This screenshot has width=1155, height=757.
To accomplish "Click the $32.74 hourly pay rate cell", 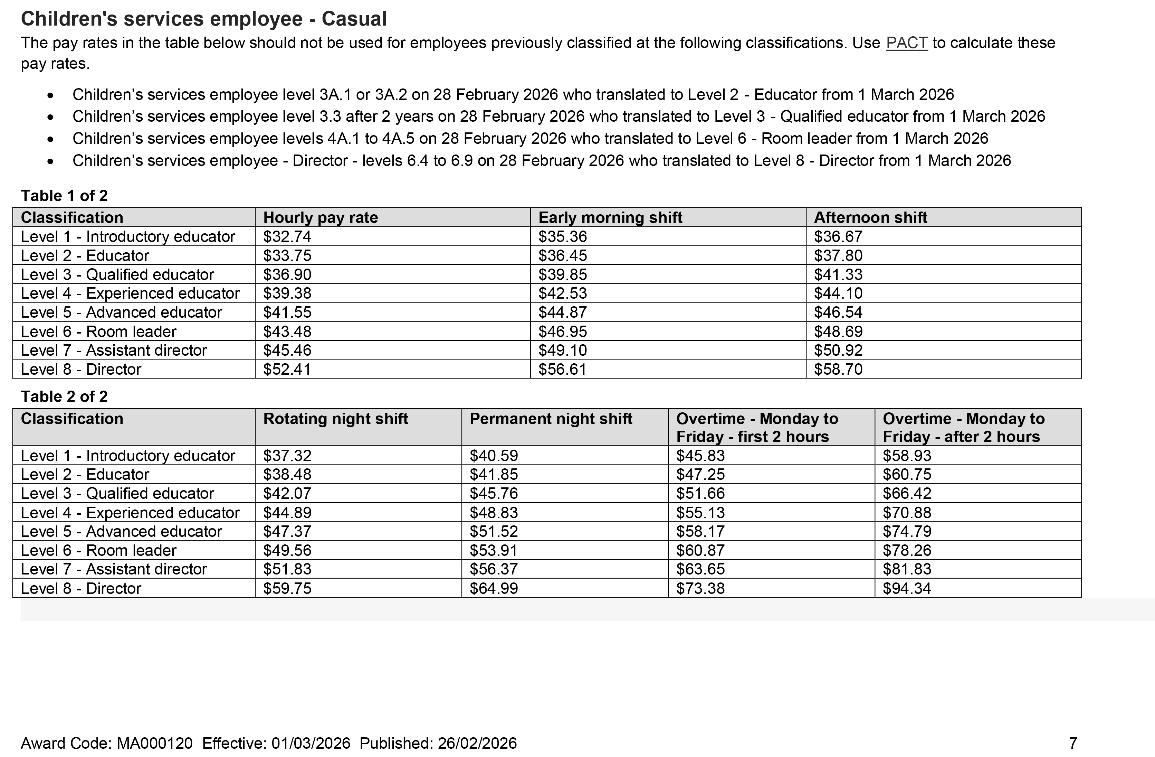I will [x=287, y=236].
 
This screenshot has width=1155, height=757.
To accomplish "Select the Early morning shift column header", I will [x=610, y=217].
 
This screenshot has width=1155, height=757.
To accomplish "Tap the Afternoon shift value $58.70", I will [x=838, y=369].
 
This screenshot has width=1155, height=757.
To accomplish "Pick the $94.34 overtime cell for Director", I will [x=907, y=588].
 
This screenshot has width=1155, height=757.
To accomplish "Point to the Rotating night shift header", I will [x=335, y=419].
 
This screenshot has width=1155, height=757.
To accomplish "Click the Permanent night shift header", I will [x=550, y=419].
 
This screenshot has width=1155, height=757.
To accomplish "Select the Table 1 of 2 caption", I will [x=64, y=196].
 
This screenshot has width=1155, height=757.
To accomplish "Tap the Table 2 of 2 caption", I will [x=64, y=396].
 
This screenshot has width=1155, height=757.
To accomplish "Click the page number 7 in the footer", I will [x=1073, y=743].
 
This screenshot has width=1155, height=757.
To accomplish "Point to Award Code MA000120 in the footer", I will [x=106, y=743].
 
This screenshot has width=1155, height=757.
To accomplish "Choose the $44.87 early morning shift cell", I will [x=562, y=312].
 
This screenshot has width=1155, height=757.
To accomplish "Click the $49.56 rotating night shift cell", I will [x=287, y=550].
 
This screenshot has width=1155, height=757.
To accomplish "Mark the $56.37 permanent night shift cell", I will [x=494, y=569].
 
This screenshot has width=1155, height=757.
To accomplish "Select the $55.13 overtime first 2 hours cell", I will [x=700, y=512].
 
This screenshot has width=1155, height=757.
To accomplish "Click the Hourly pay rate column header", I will [x=320, y=217].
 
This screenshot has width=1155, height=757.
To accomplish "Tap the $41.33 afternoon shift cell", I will [x=838, y=274].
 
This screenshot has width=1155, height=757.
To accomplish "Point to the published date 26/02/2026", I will [x=477, y=743].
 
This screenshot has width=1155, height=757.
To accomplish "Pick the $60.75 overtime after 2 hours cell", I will [x=907, y=474].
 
